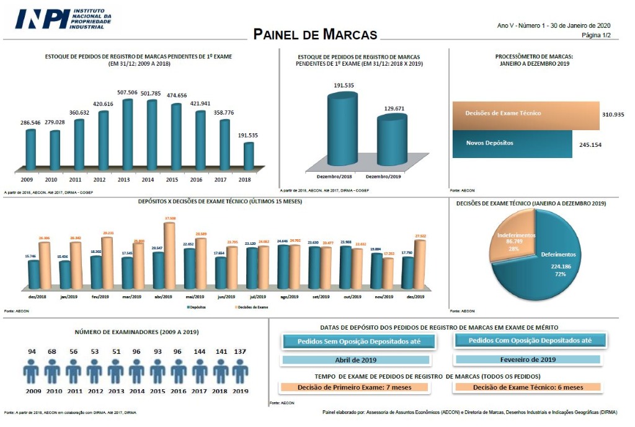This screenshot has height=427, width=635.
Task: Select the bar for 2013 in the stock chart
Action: (128, 134)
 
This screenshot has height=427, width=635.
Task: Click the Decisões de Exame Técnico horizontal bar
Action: (526, 115)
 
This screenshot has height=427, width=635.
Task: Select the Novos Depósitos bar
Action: (511, 144)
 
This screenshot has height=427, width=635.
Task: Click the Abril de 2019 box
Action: (355, 359)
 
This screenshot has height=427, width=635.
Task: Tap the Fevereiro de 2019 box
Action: (528, 359)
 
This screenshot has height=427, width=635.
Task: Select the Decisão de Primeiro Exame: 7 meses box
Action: (354, 387)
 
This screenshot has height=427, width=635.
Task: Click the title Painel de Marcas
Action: (315, 34)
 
